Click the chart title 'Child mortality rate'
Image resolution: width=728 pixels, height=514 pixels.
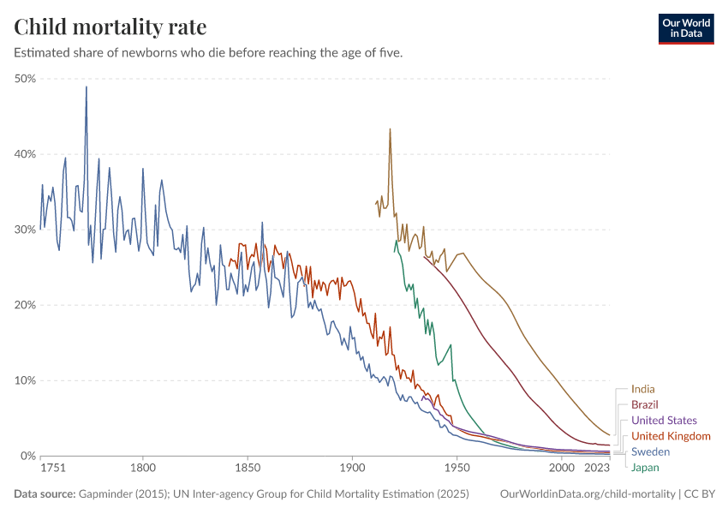tap(110, 27)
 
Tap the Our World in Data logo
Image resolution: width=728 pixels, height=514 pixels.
tap(686, 28)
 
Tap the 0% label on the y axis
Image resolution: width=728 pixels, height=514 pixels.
tap(27, 456)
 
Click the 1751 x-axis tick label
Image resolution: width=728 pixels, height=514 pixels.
tap(52, 469)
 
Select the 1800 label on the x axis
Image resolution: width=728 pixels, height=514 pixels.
tap(143, 469)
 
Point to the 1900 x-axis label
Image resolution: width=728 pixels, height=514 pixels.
tap(351, 469)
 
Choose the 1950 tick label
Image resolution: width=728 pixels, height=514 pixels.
tap(456, 469)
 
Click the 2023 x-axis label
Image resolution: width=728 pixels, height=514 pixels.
tap(594, 469)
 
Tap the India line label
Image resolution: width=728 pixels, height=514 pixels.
tap(642, 389)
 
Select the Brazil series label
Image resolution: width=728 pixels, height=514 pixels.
tap(645, 404)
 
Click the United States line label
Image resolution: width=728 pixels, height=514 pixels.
tap(664, 421)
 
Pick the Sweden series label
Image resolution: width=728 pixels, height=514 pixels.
tap(650, 451)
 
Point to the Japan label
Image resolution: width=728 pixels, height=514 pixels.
tap(645, 468)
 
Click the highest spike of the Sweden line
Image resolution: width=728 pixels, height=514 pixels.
tap(86, 87)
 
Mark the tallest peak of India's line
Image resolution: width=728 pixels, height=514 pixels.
tap(390, 129)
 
